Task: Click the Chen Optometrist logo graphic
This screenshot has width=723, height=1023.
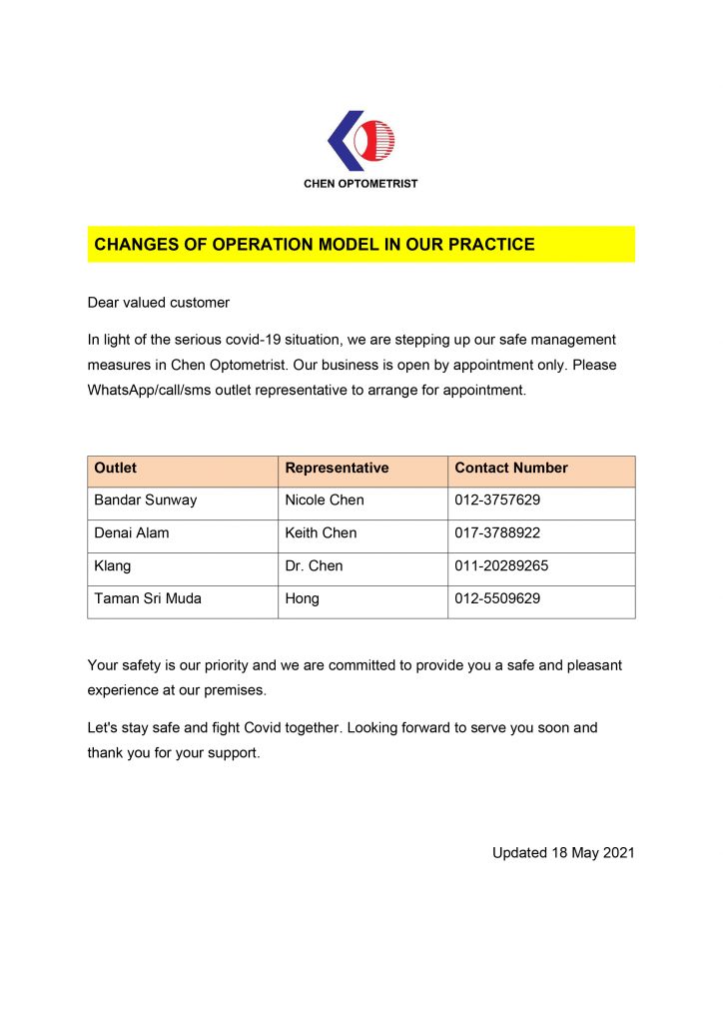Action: [x=361, y=140]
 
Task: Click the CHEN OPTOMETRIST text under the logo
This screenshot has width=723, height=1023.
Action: [x=361, y=184]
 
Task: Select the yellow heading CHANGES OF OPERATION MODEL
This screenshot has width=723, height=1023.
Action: [x=314, y=245]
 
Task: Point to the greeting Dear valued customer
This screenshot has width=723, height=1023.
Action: [x=159, y=303]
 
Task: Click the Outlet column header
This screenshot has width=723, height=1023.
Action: [x=116, y=468]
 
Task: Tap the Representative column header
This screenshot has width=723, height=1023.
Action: [x=337, y=468]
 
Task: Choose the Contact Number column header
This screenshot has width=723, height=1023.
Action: [x=511, y=468]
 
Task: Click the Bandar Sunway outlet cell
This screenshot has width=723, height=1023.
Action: [x=146, y=501]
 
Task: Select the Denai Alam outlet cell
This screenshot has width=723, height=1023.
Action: [x=132, y=533]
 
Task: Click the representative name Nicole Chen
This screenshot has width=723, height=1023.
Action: [x=325, y=501]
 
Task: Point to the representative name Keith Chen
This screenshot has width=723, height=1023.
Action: [x=321, y=533]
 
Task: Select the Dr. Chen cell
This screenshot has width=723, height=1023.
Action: [x=314, y=566]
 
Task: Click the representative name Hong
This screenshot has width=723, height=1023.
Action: [x=302, y=599]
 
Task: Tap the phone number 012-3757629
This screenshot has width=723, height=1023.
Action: [x=497, y=501]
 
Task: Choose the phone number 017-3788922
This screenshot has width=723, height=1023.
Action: [x=497, y=533]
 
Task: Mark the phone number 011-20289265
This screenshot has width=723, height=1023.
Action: [x=501, y=566]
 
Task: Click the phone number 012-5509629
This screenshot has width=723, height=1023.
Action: [x=497, y=599]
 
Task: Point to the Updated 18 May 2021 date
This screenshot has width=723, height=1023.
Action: [x=563, y=853]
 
